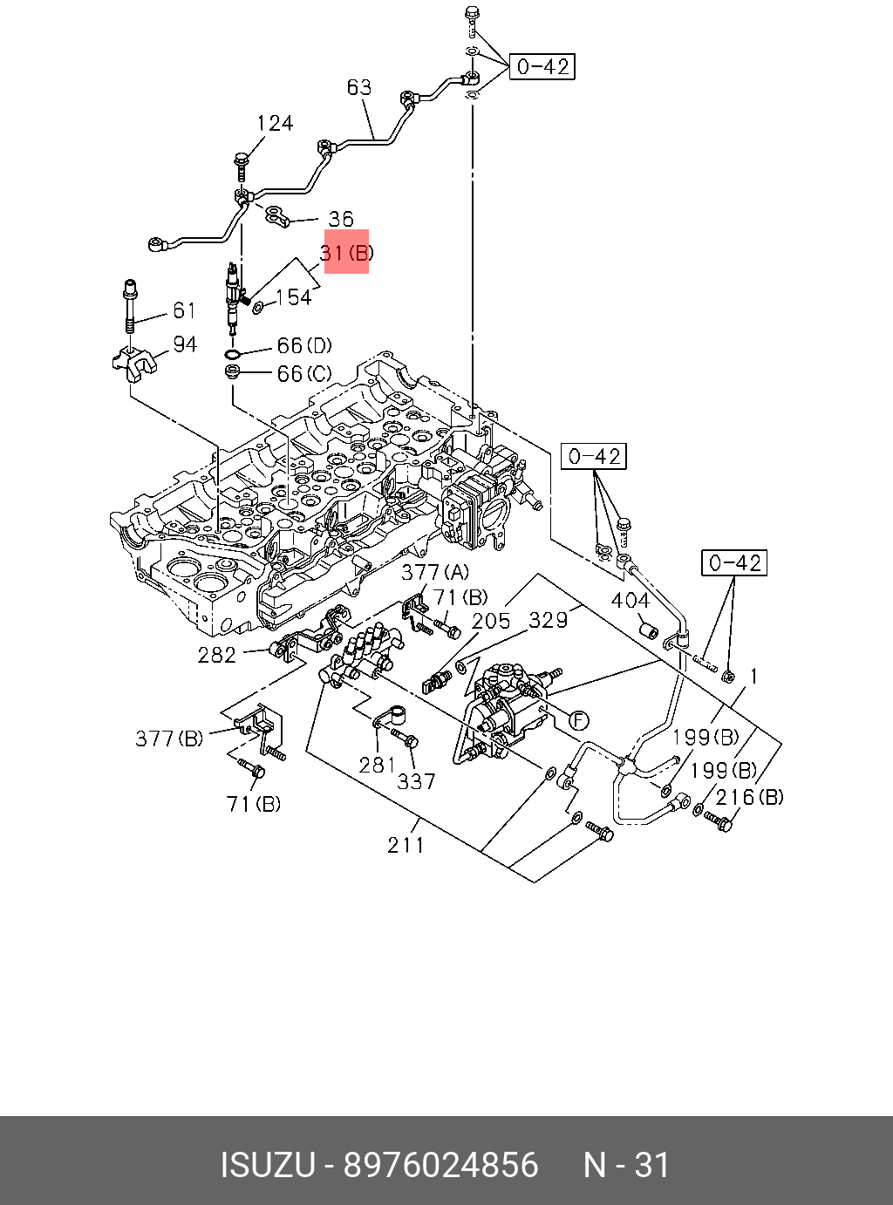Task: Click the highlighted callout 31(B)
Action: [347, 253]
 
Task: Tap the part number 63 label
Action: [359, 87]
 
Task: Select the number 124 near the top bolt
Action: [275, 123]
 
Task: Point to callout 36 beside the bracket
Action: [341, 219]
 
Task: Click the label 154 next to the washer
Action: [294, 297]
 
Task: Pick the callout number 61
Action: [184, 310]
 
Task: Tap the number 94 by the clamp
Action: [185, 344]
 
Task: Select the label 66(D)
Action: [304, 345]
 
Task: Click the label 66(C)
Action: [304, 373]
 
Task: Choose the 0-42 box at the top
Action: [542, 67]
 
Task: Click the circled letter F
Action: [579, 720]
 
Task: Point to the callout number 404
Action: [631, 601]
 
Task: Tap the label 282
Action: [217, 655]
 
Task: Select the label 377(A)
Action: [435, 572]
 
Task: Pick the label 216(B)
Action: [749, 797]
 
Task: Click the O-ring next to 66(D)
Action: [233, 355]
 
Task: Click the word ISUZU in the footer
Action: [268, 1165]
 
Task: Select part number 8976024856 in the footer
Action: [440, 1165]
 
